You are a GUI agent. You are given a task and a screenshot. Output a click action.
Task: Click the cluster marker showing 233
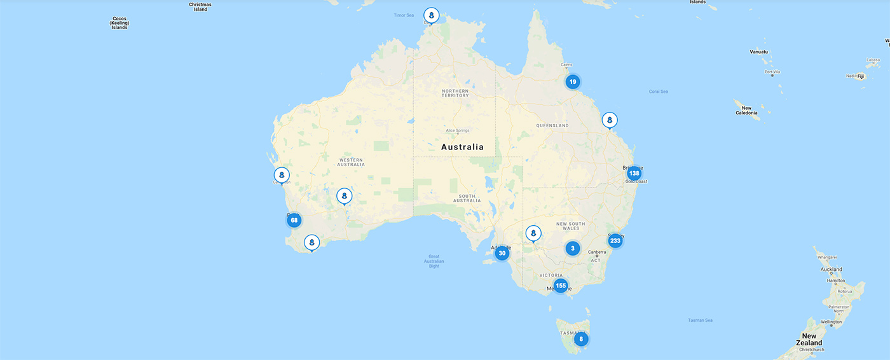(615, 241)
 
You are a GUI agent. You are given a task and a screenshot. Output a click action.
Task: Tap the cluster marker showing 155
(560, 286)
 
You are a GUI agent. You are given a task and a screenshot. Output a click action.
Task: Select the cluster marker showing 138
(634, 173)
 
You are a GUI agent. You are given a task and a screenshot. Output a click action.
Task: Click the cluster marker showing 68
(293, 221)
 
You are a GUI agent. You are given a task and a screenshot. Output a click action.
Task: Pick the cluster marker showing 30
(502, 253)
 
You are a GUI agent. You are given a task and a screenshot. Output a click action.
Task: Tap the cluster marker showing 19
(573, 81)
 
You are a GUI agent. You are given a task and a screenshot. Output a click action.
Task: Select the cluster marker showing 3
(573, 248)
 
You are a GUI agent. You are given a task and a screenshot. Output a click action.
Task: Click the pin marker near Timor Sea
(432, 15)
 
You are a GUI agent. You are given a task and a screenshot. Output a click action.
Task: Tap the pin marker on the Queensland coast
(610, 120)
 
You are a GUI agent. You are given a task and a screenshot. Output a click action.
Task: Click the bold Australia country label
(462, 147)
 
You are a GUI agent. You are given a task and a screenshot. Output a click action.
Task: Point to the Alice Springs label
(457, 130)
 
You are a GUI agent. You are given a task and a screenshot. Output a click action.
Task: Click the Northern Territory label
(455, 93)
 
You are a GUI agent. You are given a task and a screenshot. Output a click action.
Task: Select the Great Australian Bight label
(434, 261)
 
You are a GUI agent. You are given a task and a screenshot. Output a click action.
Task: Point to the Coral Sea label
(659, 92)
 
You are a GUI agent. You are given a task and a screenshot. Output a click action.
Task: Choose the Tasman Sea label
(700, 320)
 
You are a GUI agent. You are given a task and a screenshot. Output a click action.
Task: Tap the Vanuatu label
(759, 52)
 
